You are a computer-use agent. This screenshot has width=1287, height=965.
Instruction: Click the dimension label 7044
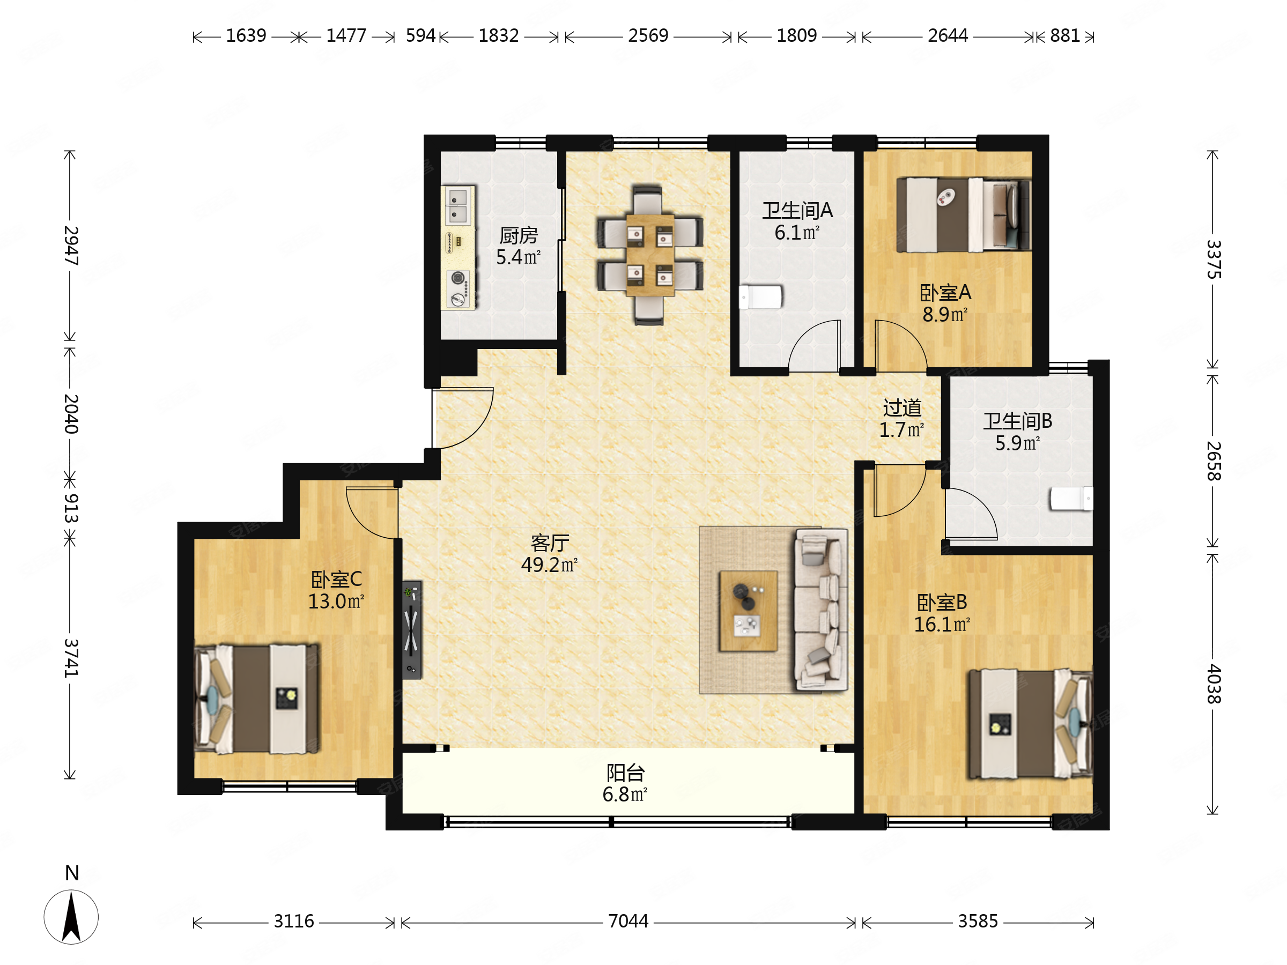click(x=628, y=922)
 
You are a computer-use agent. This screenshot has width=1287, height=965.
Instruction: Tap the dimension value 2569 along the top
click(x=648, y=35)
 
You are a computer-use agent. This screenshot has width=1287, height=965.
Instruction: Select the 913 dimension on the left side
click(x=70, y=508)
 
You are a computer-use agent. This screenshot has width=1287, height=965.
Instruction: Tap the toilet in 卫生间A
click(x=760, y=296)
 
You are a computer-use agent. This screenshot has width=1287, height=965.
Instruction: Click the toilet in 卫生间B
click(x=1071, y=499)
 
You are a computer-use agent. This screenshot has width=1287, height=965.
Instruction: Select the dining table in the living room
click(x=650, y=255)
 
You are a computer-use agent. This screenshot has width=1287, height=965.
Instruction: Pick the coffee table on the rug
click(x=748, y=611)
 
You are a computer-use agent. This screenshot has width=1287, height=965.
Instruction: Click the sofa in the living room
click(x=821, y=610)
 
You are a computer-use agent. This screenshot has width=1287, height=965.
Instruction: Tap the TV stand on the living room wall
click(x=412, y=630)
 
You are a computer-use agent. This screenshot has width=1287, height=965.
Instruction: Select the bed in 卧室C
click(x=256, y=699)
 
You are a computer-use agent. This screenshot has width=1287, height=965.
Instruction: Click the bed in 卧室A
click(x=964, y=214)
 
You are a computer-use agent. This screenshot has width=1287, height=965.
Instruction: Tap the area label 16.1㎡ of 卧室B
click(x=942, y=625)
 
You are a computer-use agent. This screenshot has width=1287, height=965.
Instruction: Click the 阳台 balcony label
click(x=625, y=773)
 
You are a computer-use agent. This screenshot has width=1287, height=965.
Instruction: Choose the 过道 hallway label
click(x=903, y=408)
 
